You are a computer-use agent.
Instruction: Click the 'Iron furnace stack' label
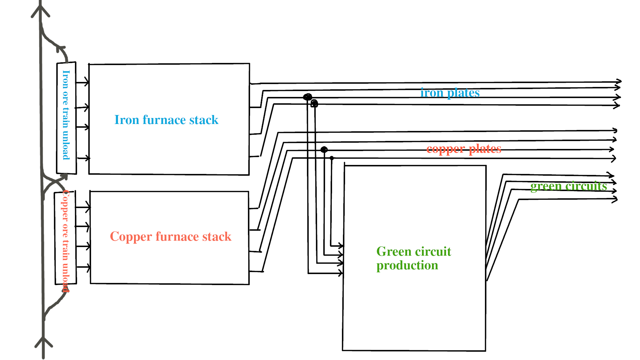coord(166,120)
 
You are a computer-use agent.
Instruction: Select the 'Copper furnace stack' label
coord(170,236)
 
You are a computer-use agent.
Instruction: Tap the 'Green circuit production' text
coord(413,258)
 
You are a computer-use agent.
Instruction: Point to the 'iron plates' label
coord(450,93)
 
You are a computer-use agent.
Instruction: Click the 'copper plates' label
coord(464,149)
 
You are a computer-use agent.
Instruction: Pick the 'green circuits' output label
coord(568,186)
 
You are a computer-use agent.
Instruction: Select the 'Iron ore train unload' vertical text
coord(66,115)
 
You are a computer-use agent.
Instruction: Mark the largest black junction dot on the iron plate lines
coord(307,97)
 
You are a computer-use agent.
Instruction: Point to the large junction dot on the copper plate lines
coord(324,149)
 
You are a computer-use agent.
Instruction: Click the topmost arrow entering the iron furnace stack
coord(86,82)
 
